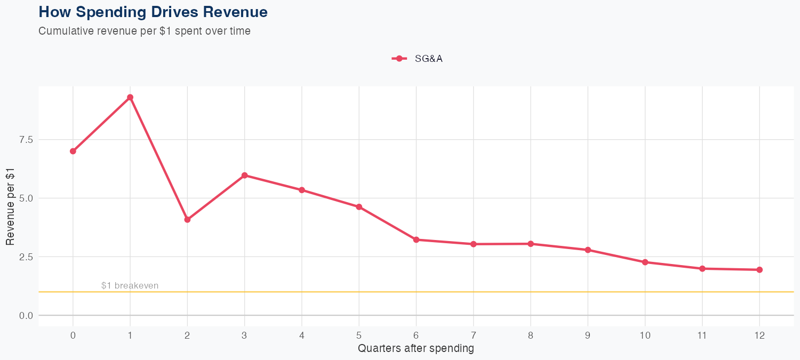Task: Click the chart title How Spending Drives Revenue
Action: [x=153, y=12]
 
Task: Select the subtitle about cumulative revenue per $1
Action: [x=145, y=31]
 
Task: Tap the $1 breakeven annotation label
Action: [x=130, y=286]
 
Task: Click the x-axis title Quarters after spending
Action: [x=415, y=349]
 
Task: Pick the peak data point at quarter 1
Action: [x=130, y=98]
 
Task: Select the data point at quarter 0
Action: [x=73, y=151]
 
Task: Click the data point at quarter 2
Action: [x=187, y=220]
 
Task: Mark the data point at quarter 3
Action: [x=244, y=175]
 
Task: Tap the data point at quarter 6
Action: [x=416, y=240]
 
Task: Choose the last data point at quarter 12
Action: [x=759, y=270]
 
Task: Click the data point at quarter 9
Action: [x=588, y=250]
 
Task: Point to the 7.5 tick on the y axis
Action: [x=26, y=140]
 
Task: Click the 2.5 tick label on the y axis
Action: [x=26, y=257]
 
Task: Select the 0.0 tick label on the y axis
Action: [x=26, y=316]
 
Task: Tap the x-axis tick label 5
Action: [x=359, y=335]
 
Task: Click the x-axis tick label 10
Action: [x=645, y=335]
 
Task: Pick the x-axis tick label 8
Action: [x=531, y=335]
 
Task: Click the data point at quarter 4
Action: [x=302, y=190]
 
